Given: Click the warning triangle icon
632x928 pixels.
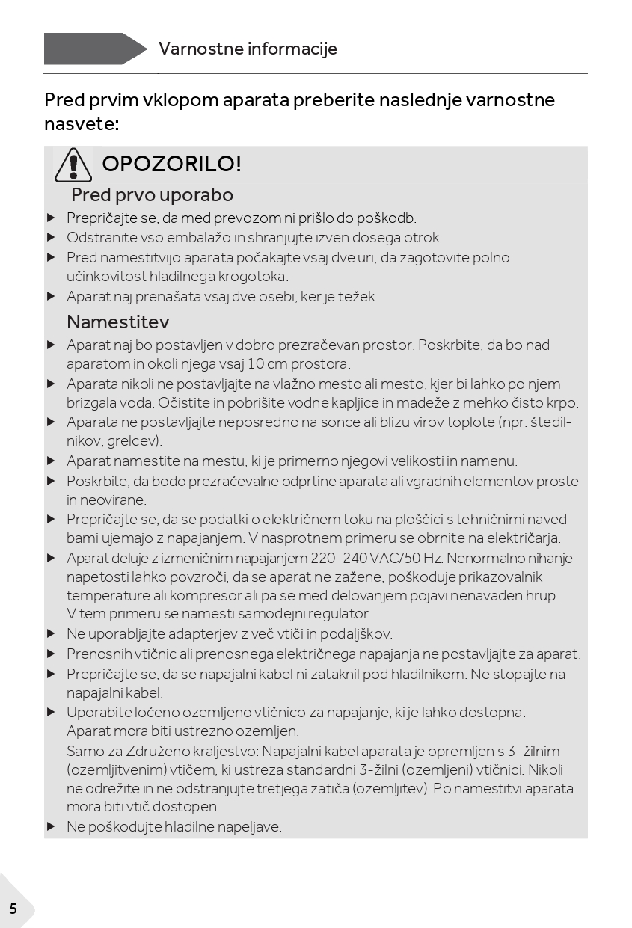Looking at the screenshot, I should [x=73, y=165].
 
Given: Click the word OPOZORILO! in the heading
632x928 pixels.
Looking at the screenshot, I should [x=171, y=164].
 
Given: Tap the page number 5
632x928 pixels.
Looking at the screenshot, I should [x=13, y=909].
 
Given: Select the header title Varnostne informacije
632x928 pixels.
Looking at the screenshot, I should [x=248, y=49].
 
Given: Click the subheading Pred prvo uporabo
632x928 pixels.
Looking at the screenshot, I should [x=152, y=195].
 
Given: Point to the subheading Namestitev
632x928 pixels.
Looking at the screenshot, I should [x=118, y=322].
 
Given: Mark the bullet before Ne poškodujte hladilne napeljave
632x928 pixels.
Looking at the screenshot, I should [x=51, y=827].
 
